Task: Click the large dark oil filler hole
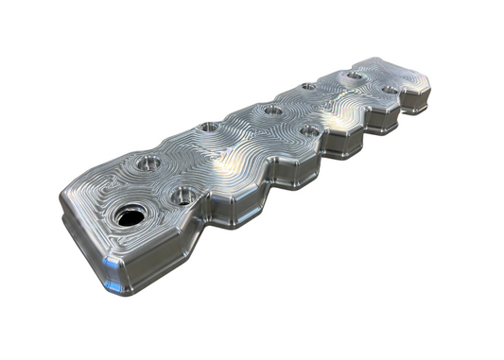coord(129,215)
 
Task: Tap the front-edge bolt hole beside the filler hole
coord(182,197)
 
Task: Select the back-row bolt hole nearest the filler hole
coord(147,163)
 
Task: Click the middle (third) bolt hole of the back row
coord(273,110)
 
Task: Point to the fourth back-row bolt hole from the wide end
coord(307,88)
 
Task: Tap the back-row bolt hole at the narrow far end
coord(354,75)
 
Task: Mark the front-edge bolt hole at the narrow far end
coord(389,90)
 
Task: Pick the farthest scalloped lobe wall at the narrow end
coord(417,104)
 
